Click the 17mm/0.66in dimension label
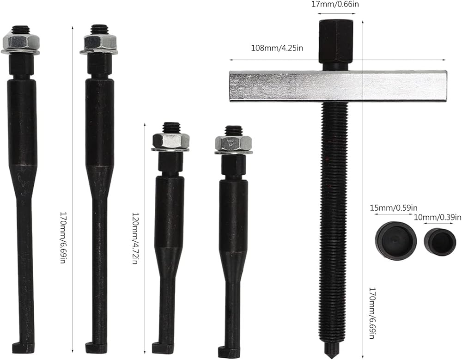tap(335, 4)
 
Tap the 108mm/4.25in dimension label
tap(277, 48)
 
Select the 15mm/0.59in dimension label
tap(394, 208)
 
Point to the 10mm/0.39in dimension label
tap(438, 217)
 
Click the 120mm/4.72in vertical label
tap(134, 238)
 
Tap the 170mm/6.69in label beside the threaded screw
tap(371, 313)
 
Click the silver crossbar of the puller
tap(338, 86)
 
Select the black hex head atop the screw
tap(336, 45)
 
